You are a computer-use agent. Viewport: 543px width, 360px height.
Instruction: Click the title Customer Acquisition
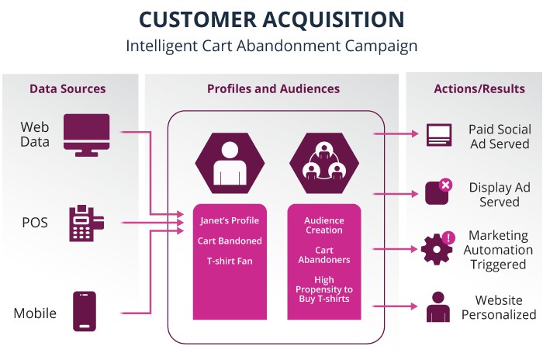coord(271,19)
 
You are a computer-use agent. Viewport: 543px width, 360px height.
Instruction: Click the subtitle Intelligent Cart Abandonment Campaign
coord(271,46)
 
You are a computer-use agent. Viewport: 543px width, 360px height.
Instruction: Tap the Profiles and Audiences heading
coord(273,88)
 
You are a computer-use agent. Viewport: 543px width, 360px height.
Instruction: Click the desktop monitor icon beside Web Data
coord(86,133)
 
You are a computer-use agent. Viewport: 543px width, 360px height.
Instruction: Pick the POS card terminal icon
coord(84,223)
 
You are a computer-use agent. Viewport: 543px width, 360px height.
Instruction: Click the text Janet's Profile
coord(230,221)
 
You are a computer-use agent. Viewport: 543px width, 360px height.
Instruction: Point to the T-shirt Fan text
coord(230,261)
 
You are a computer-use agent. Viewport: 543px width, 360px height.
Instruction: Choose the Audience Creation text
coord(324,225)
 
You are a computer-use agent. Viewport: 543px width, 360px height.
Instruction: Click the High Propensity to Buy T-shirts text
coord(324,289)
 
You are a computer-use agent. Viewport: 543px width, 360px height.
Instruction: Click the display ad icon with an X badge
coord(438,192)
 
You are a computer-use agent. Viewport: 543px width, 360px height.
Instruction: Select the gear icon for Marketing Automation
coord(437,248)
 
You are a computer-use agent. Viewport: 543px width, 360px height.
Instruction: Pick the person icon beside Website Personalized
coord(438,308)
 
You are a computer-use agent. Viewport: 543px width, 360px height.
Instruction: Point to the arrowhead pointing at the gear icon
coord(415,249)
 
